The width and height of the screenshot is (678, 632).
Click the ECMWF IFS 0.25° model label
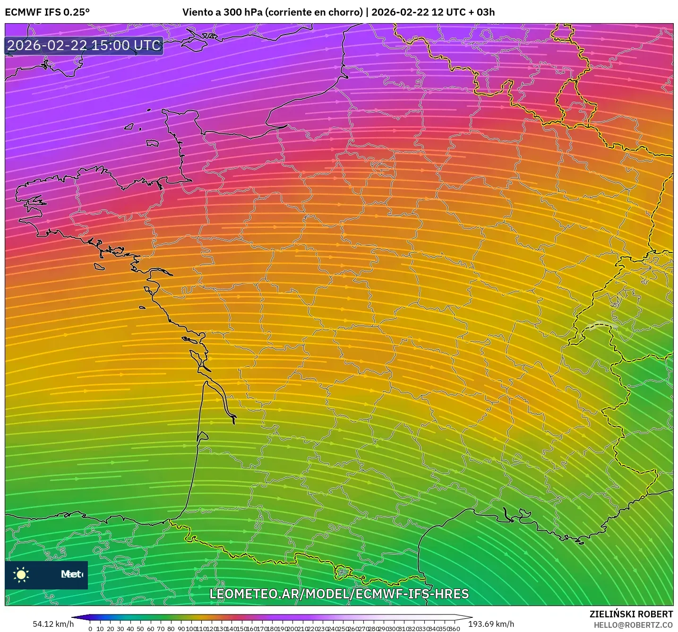tap(47, 12)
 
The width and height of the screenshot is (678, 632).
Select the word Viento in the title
tap(197, 12)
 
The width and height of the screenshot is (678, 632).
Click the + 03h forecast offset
tap(482, 12)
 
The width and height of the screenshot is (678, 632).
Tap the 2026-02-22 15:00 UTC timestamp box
tap(84, 45)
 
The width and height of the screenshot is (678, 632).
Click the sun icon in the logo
tap(21, 574)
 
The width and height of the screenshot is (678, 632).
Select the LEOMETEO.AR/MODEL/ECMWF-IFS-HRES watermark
tap(339, 594)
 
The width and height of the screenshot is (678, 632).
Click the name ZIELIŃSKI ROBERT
tap(631, 614)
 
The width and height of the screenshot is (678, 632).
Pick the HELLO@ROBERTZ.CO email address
tap(633, 625)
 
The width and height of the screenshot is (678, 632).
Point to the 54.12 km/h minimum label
tap(53, 624)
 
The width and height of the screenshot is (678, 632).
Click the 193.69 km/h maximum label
tap(491, 624)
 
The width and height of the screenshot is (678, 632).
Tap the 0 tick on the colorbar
tap(90, 629)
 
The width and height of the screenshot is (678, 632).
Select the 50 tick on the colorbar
tap(140, 629)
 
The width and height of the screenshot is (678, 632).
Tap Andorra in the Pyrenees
tap(343, 572)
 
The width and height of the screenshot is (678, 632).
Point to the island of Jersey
tap(152, 143)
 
